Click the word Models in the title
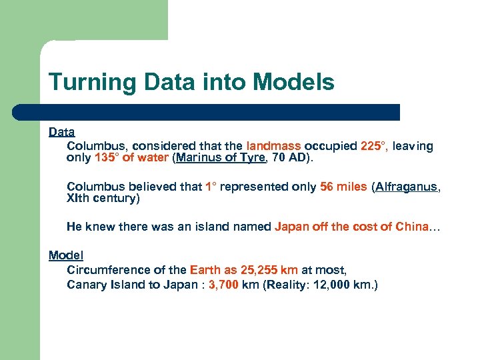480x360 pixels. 294,83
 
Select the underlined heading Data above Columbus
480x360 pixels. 61,133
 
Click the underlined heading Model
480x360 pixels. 66,255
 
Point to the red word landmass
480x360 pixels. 274,146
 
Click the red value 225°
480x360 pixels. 373,146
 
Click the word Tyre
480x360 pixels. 254,158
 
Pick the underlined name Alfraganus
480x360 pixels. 407,187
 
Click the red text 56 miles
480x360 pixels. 343,187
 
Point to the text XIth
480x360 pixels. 80,199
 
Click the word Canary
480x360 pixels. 86,285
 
